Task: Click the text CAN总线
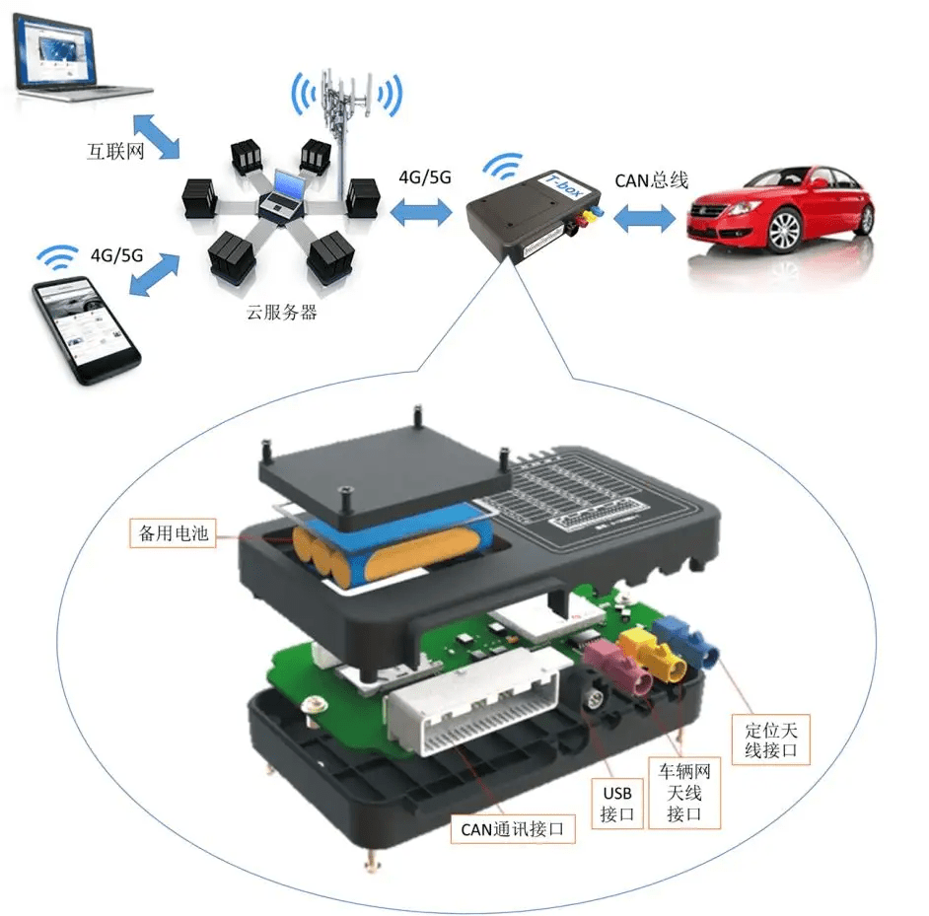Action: click(652, 180)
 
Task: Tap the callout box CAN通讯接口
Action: click(513, 828)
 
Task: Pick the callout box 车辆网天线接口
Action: click(683, 792)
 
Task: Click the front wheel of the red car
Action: click(784, 231)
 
